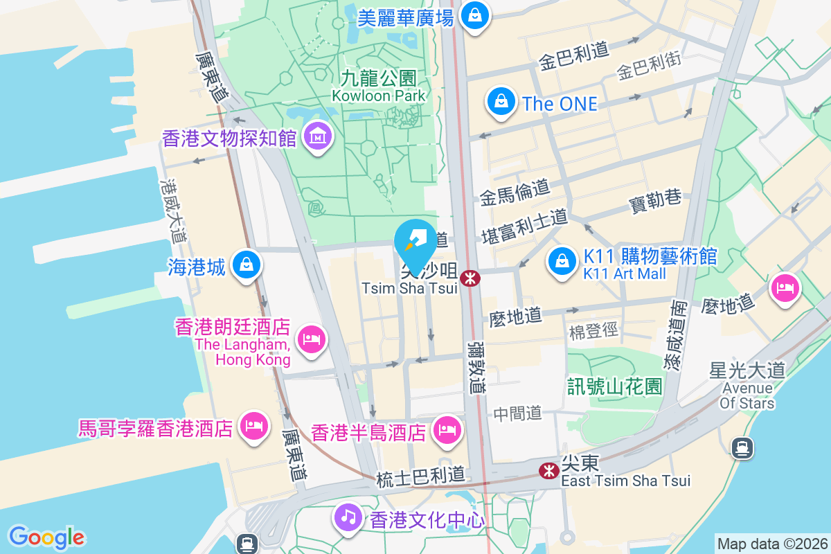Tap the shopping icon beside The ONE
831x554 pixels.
[500, 102]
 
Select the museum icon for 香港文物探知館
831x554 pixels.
[318, 136]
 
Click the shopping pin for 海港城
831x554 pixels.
[245, 265]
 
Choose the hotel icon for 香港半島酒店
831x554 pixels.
[447, 431]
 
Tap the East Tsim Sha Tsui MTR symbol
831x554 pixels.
[549, 472]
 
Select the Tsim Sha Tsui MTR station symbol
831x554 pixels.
[470, 278]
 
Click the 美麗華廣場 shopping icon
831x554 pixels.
[475, 14]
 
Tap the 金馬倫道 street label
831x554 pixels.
[515, 192]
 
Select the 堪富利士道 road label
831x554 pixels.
[524, 226]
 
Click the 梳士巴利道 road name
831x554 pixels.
[420, 479]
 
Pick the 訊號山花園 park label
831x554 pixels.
[615, 386]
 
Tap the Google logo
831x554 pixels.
[47, 537]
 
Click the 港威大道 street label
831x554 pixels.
[172, 211]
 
